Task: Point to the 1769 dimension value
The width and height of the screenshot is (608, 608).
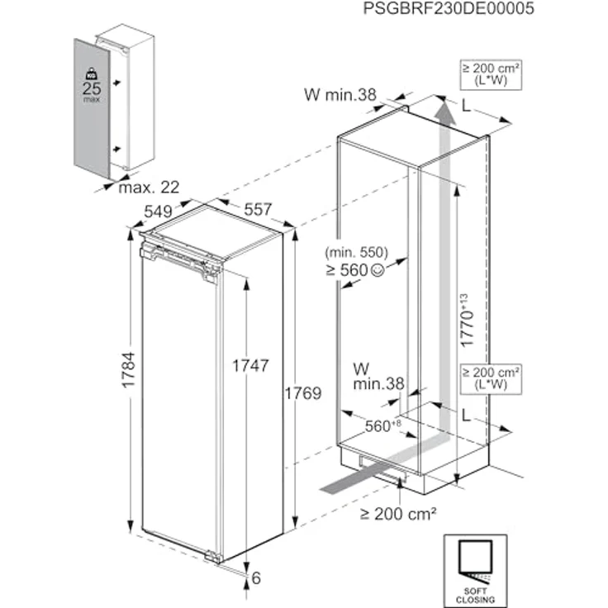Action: coord(302,392)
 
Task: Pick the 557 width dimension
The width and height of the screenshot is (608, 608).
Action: coord(257,210)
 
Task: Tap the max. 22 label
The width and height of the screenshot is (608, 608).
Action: coord(149,188)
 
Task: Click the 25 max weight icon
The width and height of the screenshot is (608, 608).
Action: coord(91,84)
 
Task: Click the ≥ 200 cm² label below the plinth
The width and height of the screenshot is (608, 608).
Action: coord(397,514)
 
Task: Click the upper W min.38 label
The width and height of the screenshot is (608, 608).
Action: coord(340,95)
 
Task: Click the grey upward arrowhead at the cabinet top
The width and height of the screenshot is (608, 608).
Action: coord(445,110)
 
